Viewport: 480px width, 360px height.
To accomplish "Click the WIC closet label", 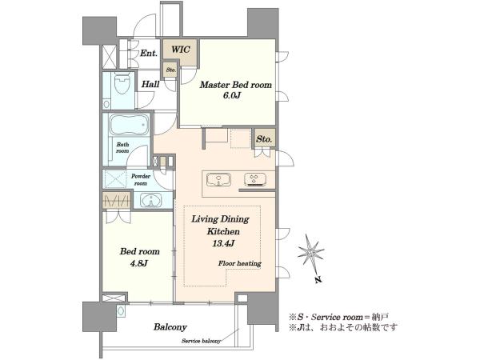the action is pyautogui.click(x=180, y=50).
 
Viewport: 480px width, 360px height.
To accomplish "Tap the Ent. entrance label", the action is pyautogui.click(x=149, y=54).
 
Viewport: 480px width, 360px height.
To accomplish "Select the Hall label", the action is pyautogui.click(x=150, y=84).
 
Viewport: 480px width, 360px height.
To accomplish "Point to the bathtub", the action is pyautogui.click(x=129, y=125).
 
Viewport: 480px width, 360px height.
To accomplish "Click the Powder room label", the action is pyautogui.click(x=141, y=180).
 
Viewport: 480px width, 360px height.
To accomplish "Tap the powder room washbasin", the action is pyautogui.click(x=150, y=201).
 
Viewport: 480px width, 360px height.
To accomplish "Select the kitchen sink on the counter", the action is pyautogui.click(x=218, y=180).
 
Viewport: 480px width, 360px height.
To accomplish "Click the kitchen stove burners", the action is pyautogui.click(x=255, y=180).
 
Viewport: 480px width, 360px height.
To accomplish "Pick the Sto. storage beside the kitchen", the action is pyautogui.click(x=264, y=139).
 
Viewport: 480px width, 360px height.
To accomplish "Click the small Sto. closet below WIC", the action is pyautogui.click(x=171, y=70).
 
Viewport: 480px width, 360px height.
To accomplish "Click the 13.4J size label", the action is pyautogui.click(x=223, y=244).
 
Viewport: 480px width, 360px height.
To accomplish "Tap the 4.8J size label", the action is pyautogui.click(x=139, y=262).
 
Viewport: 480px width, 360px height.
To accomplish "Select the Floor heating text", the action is pyautogui.click(x=240, y=263).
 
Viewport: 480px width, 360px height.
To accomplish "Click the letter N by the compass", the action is pyautogui.click(x=318, y=279).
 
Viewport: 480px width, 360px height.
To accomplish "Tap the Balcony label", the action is pyautogui.click(x=170, y=327).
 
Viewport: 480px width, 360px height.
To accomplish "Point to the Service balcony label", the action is pyautogui.click(x=201, y=341).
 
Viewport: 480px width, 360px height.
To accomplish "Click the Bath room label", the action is pyautogui.click(x=122, y=147).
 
